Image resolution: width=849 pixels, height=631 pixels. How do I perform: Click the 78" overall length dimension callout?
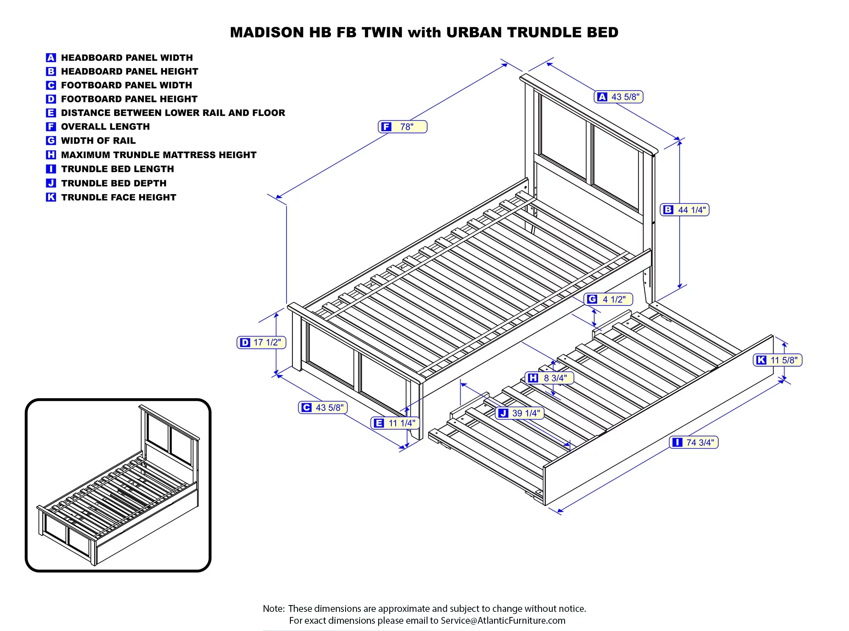pyautogui.click(x=402, y=127)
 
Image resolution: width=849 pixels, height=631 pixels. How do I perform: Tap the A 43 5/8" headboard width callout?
pyautogui.click(x=618, y=97)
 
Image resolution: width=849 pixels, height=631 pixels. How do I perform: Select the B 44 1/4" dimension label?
pyautogui.click(x=685, y=210)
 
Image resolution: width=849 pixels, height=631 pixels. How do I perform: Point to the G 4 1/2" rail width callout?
pyautogui.click(x=608, y=299)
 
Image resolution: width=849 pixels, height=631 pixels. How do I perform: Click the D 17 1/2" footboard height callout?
pyautogui.click(x=261, y=342)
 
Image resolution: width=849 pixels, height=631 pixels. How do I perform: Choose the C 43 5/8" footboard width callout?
pyautogui.click(x=323, y=407)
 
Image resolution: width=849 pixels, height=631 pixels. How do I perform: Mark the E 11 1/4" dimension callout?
pyautogui.click(x=395, y=423)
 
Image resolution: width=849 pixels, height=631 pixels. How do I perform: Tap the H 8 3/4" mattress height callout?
pyautogui.click(x=549, y=378)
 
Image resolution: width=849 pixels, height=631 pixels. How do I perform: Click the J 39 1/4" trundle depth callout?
pyautogui.click(x=520, y=413)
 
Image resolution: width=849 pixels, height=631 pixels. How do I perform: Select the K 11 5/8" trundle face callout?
pyautogui.click(x=778, y=360)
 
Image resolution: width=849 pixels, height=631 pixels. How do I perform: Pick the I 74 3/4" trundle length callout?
pyautogui.click(x=694, y=442)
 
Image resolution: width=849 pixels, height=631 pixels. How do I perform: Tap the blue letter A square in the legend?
pyautogui.click(x=51, y=58)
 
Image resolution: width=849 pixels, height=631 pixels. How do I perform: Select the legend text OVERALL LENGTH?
pyautogui.click(x=105, y=127)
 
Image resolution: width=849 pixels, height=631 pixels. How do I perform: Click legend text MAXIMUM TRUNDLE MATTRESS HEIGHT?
pyautogui.click(x=158, y=155)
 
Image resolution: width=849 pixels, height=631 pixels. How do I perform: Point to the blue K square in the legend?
pyautogui.click(x=51, y=197)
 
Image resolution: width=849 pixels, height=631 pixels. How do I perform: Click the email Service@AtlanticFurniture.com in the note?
pyautogui.click(x=503, y=620)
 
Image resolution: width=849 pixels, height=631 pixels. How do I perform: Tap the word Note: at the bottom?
pyautogui.click(x=274, y=608)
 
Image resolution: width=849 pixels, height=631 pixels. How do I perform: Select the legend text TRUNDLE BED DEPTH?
pyautogui.click(x=114, y=183)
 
